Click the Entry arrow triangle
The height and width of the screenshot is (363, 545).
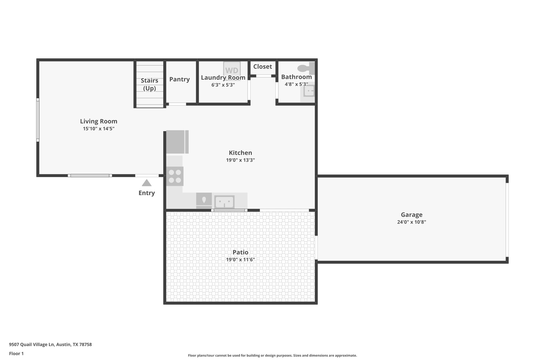147,183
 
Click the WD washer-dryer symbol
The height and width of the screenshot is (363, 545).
232,70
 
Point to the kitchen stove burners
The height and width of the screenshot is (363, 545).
175,176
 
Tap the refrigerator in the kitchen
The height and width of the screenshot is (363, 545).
176,142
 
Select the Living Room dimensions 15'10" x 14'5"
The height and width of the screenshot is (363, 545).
99,129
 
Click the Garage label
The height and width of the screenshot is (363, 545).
411,215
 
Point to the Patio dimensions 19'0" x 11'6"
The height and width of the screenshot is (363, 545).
240,260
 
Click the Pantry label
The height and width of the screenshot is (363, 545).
179,79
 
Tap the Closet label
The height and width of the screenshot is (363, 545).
262,66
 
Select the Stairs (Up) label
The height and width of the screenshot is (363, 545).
149,84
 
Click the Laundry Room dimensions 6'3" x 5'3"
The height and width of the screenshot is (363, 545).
223,85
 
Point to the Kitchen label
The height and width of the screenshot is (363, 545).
240,153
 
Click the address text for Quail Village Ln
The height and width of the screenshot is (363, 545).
50,344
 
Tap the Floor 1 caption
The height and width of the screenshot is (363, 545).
16,353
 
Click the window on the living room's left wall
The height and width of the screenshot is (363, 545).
38,120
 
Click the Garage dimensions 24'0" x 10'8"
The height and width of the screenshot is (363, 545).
411,222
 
